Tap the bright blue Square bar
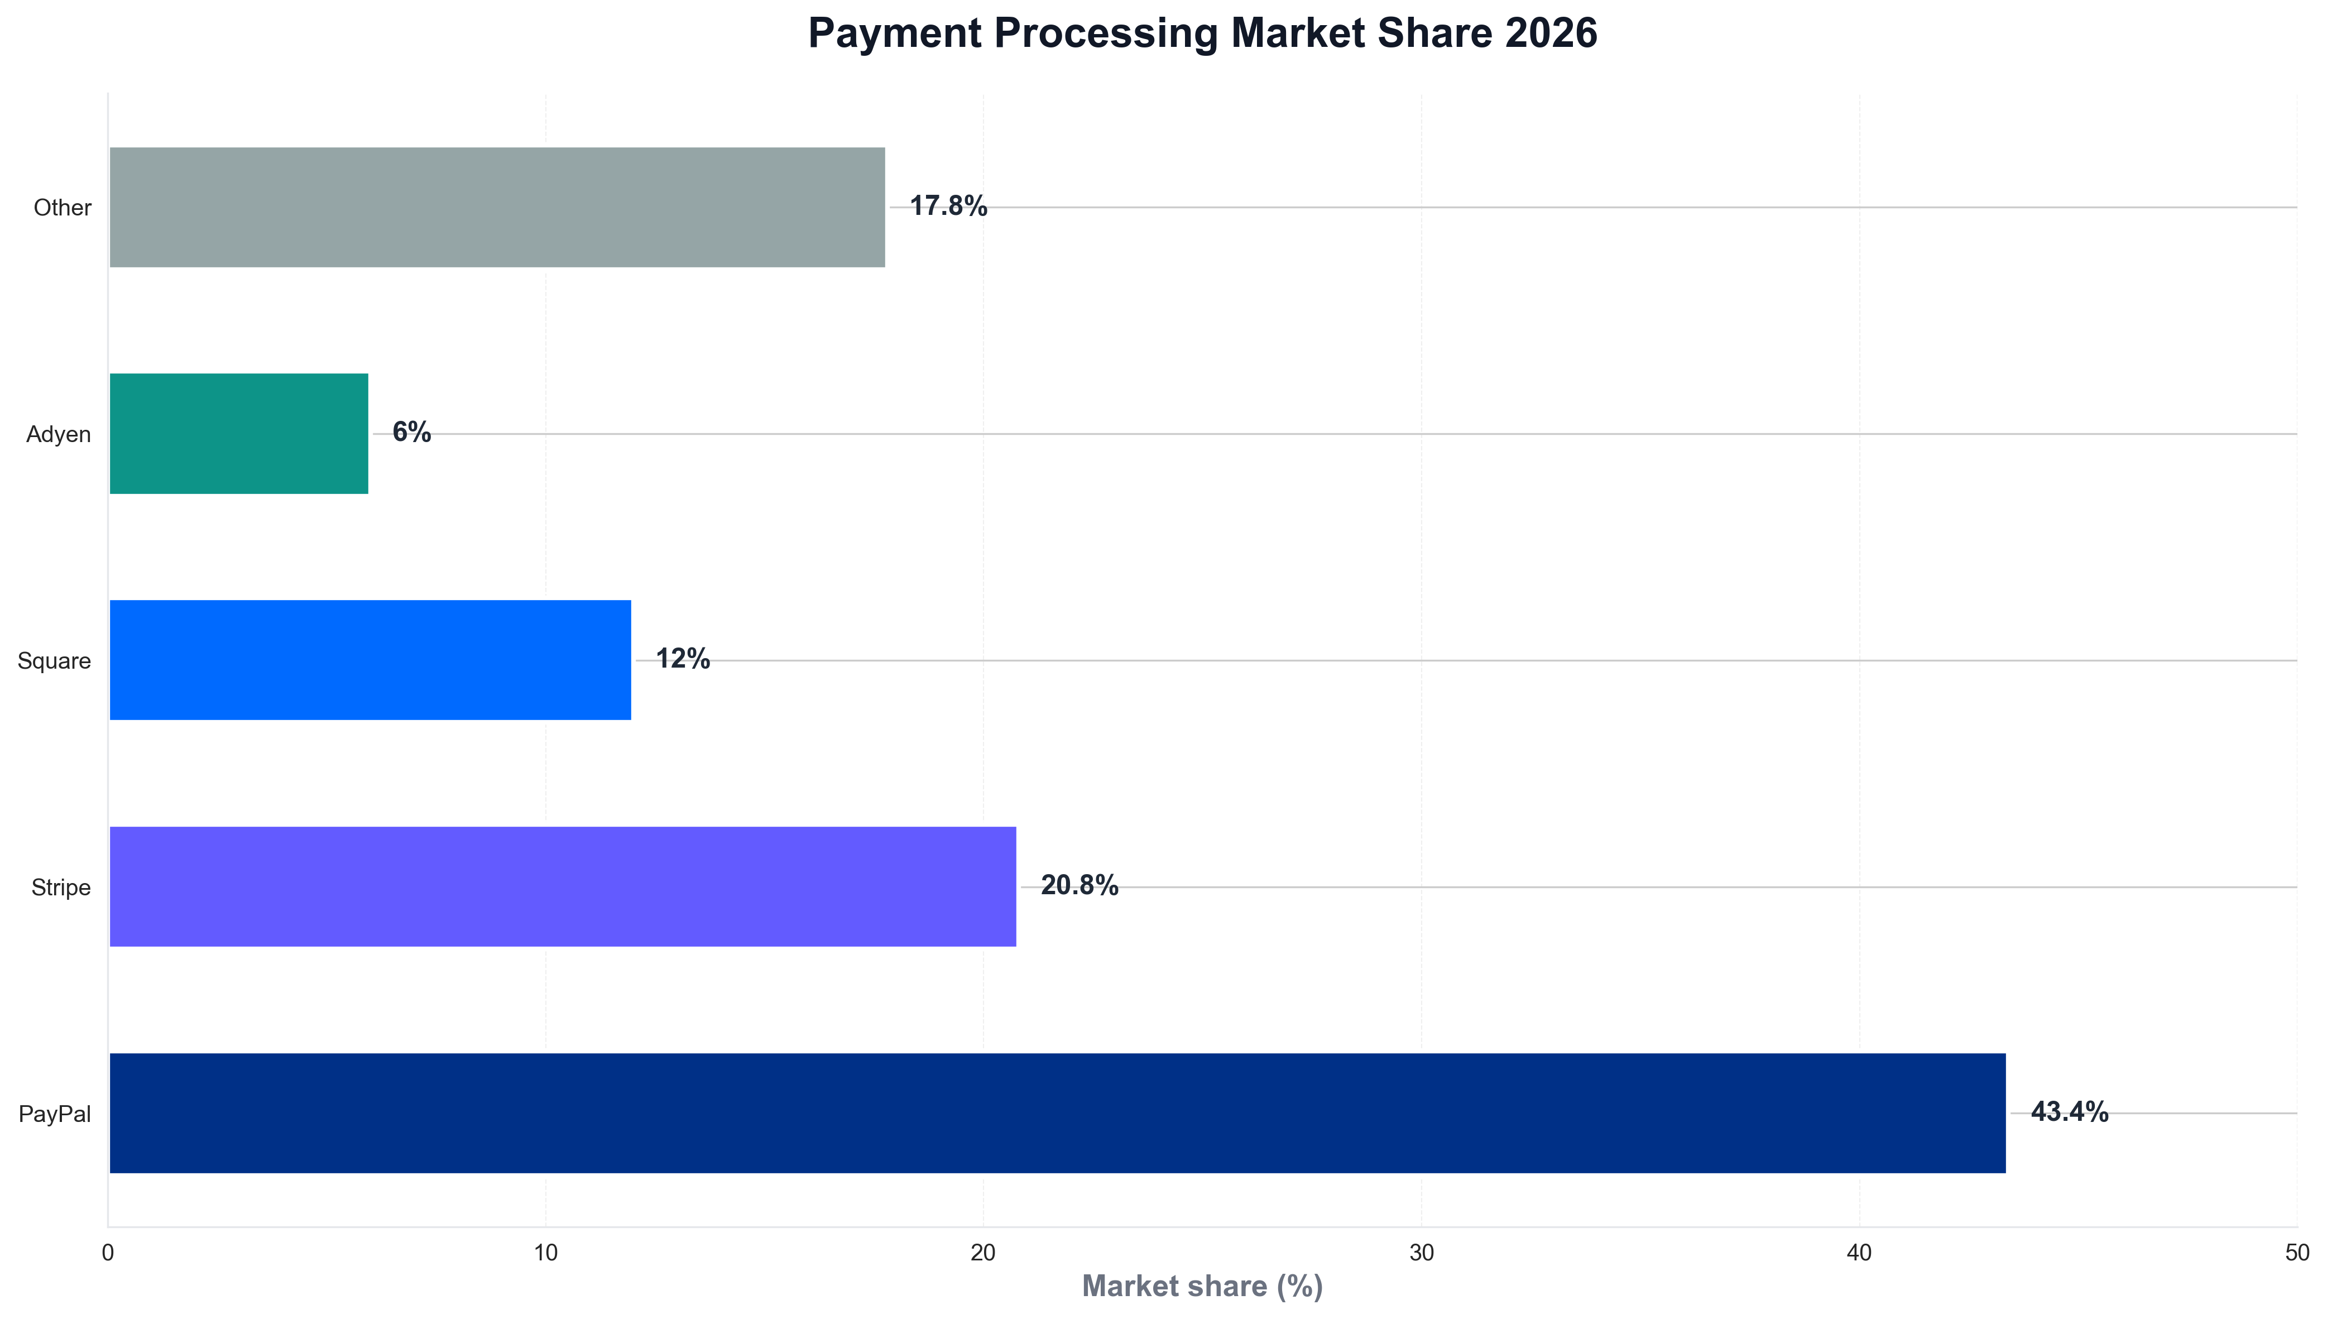point(370,660)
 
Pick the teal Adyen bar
point(238,433)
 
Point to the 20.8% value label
point(1079,885)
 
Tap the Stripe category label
point(61,887)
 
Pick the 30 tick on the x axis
point(1421,1253)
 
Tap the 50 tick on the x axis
point(2296,1253)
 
